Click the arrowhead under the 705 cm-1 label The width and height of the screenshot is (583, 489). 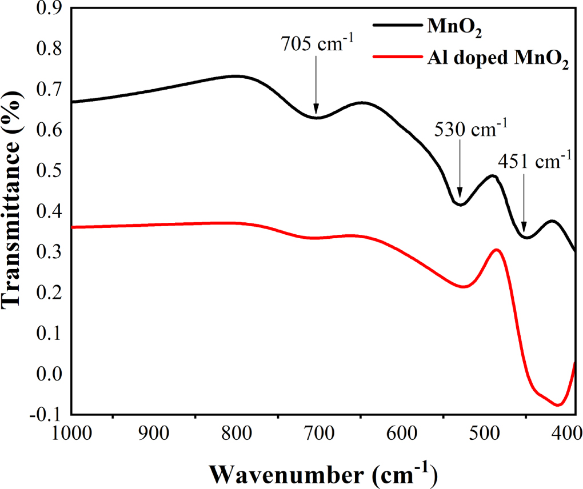(316, 113)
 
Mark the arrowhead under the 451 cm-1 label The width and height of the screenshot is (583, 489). (524, 231)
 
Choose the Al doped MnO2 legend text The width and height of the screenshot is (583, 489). (497, 59)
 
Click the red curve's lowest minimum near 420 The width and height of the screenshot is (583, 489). (558, 405)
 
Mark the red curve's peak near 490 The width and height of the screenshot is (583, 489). (496, 250)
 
